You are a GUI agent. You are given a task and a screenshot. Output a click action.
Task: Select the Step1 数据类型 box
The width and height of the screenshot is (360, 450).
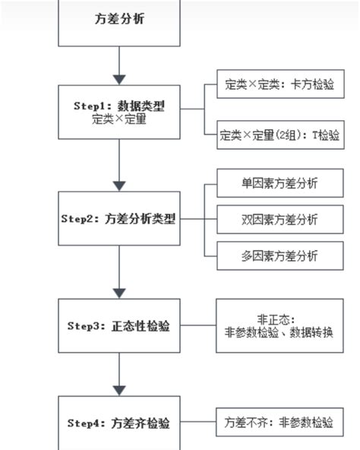coord(119,112)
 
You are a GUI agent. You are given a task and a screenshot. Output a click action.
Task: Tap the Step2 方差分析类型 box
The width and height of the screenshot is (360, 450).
coord(119,218)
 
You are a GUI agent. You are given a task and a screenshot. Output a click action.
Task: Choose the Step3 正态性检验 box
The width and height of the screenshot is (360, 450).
coord(119,325)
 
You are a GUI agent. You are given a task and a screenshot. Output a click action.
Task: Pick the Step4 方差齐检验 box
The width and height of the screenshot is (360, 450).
coord(119,422)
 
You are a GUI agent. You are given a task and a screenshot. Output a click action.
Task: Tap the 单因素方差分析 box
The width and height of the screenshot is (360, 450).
coord(279,183)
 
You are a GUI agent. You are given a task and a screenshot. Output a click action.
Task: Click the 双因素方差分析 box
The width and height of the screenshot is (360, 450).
coord(279,219)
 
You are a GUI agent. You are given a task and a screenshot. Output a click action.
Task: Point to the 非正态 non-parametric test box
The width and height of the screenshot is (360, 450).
coord(279,325)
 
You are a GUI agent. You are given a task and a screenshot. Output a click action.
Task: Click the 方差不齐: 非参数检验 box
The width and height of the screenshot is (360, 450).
coord(279,422)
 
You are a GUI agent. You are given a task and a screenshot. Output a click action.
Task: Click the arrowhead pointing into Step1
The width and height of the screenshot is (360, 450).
coord(119,78)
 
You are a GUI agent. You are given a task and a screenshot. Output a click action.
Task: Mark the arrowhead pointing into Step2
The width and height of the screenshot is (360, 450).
coord(119,185)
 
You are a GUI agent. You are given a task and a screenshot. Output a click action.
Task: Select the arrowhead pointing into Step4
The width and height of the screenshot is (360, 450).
coord(119,388)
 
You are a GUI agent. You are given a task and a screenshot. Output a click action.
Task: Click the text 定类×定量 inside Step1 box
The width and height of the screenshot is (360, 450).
coord(119,119)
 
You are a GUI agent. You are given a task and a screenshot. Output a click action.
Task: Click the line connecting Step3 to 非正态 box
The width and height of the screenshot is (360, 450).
coord(198,325)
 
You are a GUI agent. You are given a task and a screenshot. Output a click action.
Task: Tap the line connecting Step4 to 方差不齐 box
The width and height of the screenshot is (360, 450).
coord(198,422)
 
